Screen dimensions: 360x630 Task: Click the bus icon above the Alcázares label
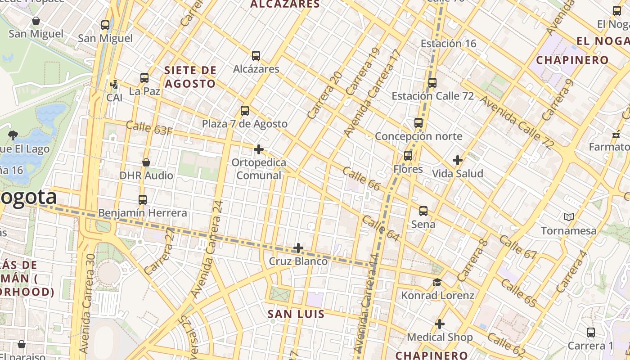[x=256, y=56]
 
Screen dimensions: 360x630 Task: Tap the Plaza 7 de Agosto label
[x=244, y=124]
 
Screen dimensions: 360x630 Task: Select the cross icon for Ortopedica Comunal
[x=259, y=149]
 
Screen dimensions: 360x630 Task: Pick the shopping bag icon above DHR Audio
[x=146, y=162]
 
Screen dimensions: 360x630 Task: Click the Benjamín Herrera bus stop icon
[x=143, y=199]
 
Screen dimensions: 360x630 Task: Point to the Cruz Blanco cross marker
[x=298, y=248]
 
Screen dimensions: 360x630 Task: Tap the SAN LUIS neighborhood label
[x=296, y=314]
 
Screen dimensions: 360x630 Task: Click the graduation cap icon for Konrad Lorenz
[x=437, y=282]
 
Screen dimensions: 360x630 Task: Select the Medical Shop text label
[x=440, y=337]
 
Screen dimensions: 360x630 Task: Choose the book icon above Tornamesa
[x=569, y=217]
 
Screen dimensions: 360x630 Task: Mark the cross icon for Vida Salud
[x=458, y=160]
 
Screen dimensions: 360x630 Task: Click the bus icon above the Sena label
[x=423, y=211]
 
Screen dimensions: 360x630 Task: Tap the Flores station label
[x=408, y=169]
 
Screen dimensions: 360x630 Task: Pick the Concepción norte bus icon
[x=418, y=122]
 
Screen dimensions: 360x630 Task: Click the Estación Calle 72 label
[x=432, y=96]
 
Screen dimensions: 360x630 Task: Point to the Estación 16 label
[x=448, y=44]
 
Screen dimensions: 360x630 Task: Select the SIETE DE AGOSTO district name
[x=190, y=77]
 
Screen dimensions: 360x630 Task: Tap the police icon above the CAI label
[x=114, y=84]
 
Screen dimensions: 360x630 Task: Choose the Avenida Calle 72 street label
[x=517, y=121]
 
